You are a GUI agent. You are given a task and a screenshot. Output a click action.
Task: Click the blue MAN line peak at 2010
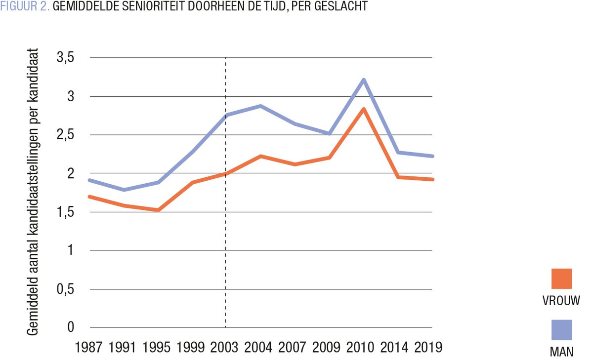[363, 80]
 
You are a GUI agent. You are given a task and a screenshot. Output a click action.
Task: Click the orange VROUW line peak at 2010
[363, 109]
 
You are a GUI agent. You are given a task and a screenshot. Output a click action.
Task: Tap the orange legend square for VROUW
[561, 279]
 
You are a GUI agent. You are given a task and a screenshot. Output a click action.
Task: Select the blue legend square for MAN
[561, 330]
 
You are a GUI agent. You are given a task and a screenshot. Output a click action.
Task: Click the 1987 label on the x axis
[89, 347]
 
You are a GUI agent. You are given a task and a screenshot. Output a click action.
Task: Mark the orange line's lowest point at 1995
[158, 210]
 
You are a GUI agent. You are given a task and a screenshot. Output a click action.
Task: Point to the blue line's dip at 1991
[124, 190]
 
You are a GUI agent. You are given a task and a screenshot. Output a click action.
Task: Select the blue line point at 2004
[260, 106]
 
